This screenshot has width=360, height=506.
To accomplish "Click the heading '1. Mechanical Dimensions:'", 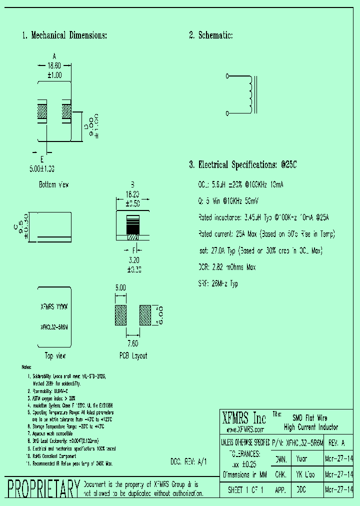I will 64,35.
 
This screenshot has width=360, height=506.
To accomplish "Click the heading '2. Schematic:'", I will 210,35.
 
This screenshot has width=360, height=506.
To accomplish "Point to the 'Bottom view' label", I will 54,184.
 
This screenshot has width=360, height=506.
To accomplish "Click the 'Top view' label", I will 55,356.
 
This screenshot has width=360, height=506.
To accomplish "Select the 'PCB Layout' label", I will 133,356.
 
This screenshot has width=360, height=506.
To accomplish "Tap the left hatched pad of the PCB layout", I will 120,315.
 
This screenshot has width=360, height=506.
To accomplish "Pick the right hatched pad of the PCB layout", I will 145,315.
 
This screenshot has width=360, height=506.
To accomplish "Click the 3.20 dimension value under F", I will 133,260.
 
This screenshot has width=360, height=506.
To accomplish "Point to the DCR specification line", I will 227,267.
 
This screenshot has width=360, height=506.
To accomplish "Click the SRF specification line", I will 218,284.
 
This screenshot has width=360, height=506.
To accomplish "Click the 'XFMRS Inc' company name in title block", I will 244,418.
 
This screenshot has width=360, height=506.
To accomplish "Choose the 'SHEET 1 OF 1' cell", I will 245,489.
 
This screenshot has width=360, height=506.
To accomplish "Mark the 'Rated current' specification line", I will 266,234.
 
